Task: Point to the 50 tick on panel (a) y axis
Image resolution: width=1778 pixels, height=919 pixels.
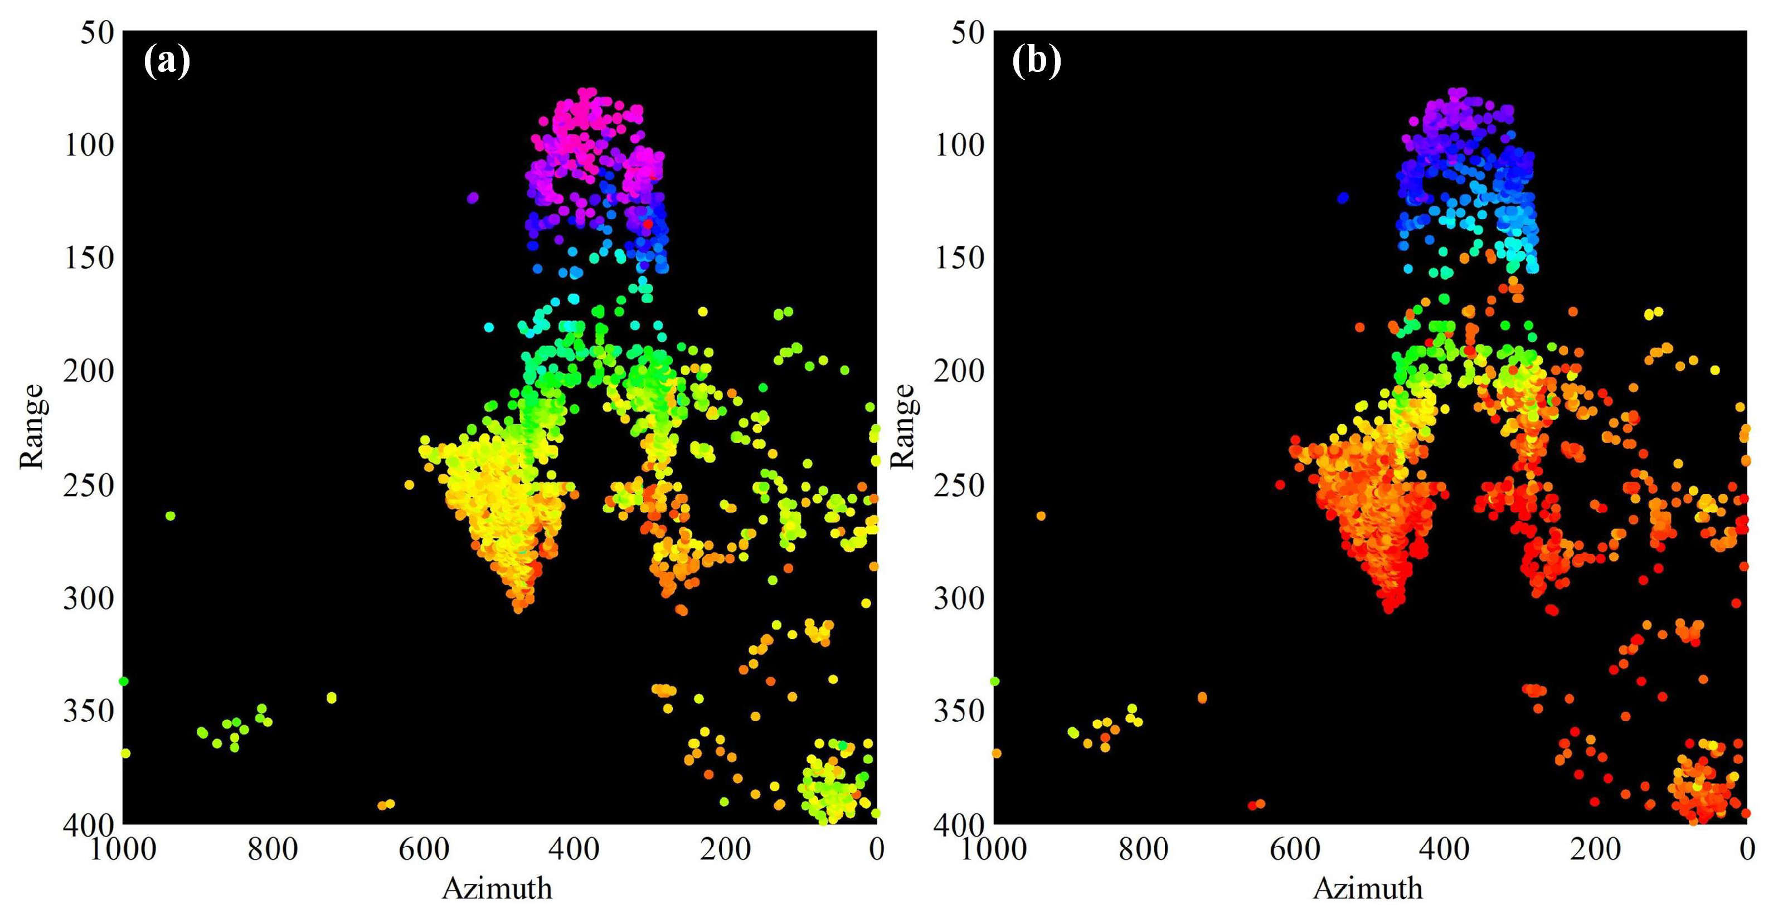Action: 96,32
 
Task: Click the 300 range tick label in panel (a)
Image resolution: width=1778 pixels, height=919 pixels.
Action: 89,598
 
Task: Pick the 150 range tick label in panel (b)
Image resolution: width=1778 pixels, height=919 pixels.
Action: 959,259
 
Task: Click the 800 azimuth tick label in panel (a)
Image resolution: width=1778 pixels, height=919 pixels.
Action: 273,849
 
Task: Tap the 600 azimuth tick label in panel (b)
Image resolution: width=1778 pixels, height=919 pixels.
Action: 1295,849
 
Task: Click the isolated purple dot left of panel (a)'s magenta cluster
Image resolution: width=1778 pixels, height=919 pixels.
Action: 472,198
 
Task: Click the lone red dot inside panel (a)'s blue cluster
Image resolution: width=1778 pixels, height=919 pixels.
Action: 648,223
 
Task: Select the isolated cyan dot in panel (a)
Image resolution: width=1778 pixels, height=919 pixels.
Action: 489,327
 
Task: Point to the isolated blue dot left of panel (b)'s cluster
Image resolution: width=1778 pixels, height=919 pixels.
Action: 1343,198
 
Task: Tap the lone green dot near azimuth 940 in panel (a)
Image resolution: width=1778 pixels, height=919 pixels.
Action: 171,516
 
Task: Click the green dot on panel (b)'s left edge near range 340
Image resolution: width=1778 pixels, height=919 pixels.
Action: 994,682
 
